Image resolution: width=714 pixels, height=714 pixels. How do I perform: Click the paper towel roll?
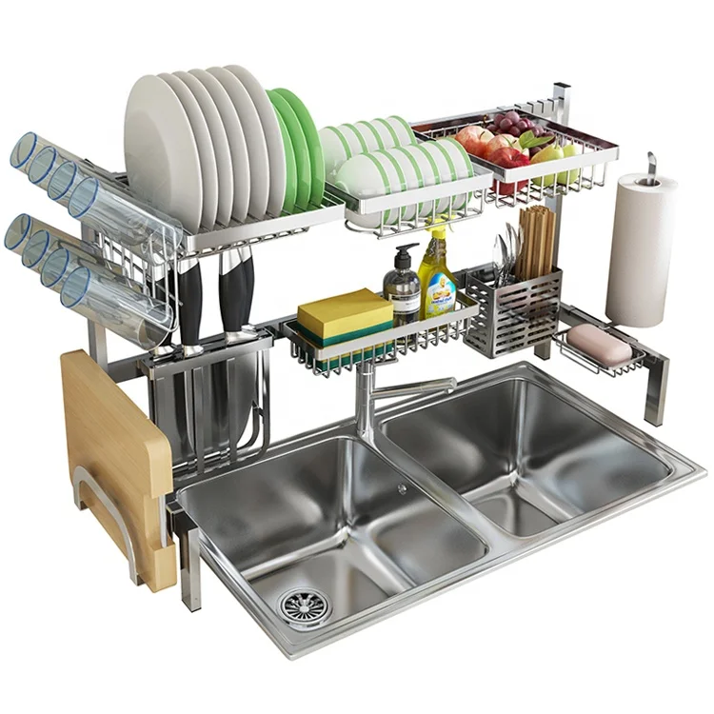(x=640, y=249)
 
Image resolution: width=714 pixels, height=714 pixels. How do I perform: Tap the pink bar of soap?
(x=599, y=344)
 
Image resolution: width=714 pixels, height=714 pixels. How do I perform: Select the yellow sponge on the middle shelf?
(x=344, y=314)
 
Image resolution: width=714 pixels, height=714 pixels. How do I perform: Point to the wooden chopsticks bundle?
(x=536, y=244)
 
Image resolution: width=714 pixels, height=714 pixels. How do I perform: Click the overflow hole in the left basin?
(x=402, y=488)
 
